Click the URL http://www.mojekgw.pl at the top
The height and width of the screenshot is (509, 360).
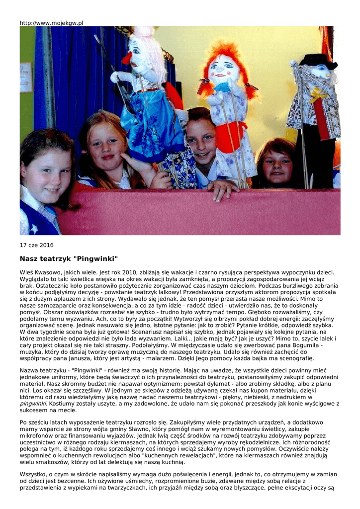pyautogui.click(x=51, y=23)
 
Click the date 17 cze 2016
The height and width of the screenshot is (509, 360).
pyautogui.click(x=36, y=245)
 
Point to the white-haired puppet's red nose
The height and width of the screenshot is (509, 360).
pyautogui.click(x=127, y=59)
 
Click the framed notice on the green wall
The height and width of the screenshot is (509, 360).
pyautogui.click(x=26, y=77)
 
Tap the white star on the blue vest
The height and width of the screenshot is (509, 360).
pyautogui.click(x=35, y=229)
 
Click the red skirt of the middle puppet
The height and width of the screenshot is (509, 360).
pyautogui.click(x=230, y=135)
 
